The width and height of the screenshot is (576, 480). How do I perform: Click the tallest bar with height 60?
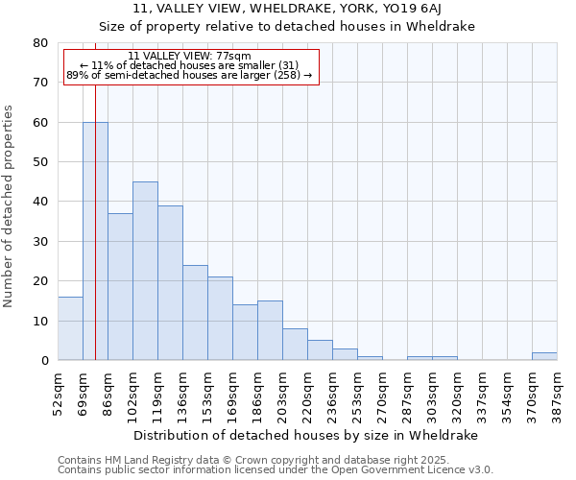click(95, 241)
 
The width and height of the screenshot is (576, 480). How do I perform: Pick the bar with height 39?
click(170, 283)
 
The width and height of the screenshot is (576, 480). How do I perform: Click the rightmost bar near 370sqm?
click(544, 356)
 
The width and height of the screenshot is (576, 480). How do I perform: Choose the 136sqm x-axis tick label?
click(183, 389)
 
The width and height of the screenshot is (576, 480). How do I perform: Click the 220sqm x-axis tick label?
click(308, 389)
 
